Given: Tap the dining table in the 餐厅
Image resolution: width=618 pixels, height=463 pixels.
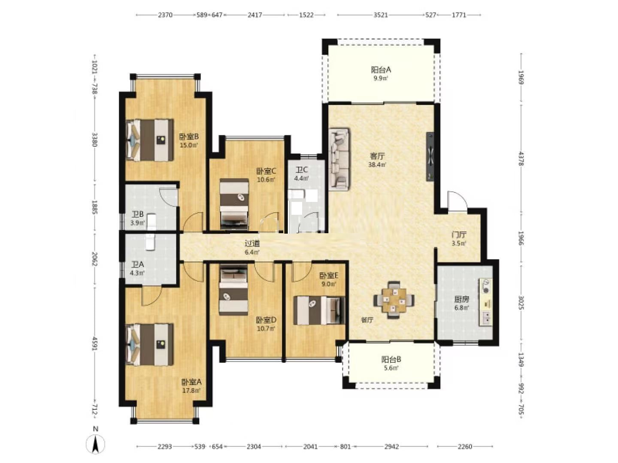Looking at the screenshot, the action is click(x=394, y=300).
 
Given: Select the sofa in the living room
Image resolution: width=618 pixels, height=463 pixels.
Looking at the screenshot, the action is click(x=339, y=159).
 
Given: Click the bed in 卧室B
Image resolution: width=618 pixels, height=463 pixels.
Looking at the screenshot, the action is click(x=149, y=140).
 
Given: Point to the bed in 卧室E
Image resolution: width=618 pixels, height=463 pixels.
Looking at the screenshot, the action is click(x=319, y=310).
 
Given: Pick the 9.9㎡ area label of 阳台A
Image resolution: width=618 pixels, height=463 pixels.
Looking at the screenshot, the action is click(x=381, y=78).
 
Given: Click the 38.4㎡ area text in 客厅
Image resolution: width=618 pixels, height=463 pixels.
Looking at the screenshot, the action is click(x=377, y=165).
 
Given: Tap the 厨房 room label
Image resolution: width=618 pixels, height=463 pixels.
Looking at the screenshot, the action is click(x=462, y=299).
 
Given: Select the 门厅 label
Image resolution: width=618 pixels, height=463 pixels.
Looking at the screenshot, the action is click(x=459, y=235).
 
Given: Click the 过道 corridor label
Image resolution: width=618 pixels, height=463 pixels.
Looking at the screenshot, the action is click(x=252, y=244).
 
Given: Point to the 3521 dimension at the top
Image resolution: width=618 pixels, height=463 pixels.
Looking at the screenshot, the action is click(x=381, y=15).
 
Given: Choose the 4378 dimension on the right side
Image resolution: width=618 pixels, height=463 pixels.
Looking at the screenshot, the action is click(x=521, y=159).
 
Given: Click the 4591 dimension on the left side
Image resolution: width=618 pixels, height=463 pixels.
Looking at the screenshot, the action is click(x=94, y=343).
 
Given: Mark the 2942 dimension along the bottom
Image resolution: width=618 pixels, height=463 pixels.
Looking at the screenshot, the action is click(x=392, y=446).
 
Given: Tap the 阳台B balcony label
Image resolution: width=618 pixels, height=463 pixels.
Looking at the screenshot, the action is click(x=391, y=359).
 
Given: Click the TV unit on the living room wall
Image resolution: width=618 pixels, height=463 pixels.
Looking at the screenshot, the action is click(x=430, y=156).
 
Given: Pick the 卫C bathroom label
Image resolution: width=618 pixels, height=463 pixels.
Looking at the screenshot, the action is click(x=302, y=170).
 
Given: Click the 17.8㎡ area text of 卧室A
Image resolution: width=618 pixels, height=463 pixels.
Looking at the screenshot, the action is click(x=191, y=391).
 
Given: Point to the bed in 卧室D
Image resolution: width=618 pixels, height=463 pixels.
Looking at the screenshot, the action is click(x=233, y=290).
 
